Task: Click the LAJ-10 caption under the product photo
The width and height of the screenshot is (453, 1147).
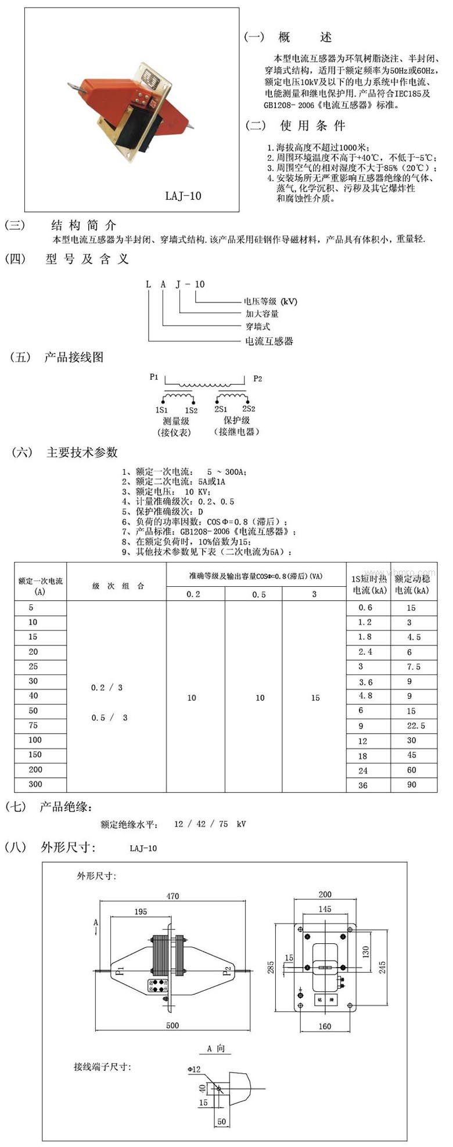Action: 183,196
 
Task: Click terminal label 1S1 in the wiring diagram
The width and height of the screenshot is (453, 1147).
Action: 162,409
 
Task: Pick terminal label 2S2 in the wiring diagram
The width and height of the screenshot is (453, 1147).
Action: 249,409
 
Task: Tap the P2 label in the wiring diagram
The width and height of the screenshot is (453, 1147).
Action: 258,378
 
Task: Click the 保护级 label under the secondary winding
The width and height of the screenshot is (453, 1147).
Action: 237,421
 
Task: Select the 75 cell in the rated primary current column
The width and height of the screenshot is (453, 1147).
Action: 33,725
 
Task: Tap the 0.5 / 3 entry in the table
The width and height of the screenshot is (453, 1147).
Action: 109,717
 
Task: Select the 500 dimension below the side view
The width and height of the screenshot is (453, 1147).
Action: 172,1025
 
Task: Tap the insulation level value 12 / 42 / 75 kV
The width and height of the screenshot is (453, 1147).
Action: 210,824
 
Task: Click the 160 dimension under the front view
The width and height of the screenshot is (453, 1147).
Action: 325,1026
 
